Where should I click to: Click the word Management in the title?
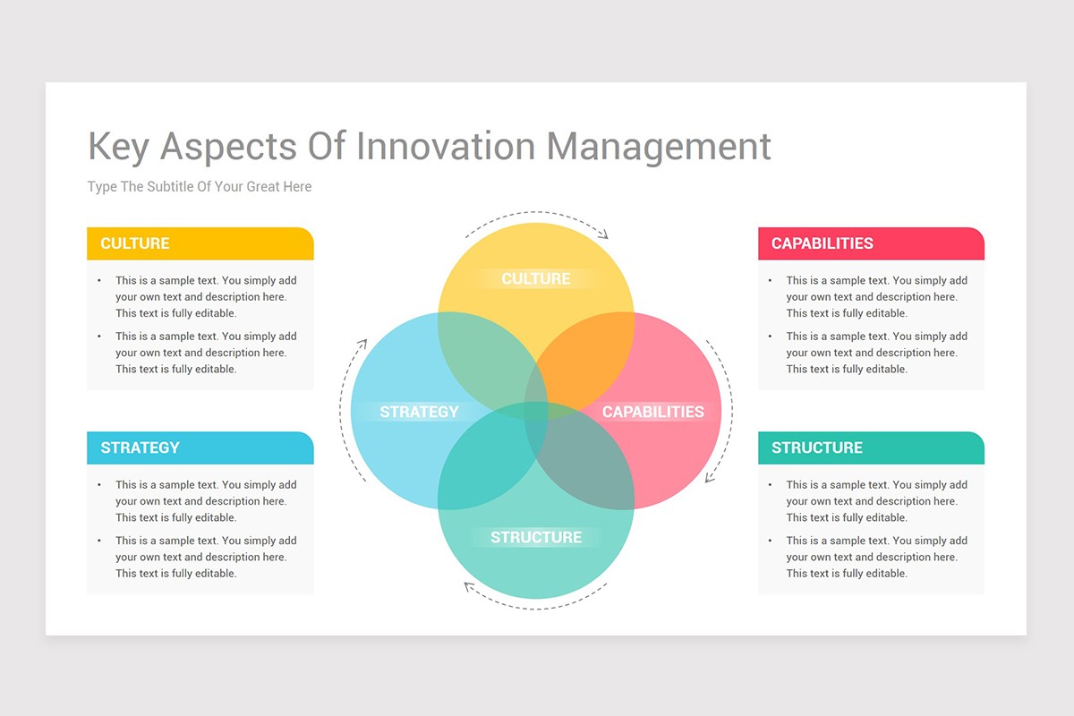tap(659, 147)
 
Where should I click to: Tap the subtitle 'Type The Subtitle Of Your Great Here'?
tap(200, 186)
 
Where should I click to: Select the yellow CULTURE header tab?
tap(200, 243)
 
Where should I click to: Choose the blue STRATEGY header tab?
tap(200, 447)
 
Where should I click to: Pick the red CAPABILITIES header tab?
tap(870, 243)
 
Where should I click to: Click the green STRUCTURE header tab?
tap(870, 447)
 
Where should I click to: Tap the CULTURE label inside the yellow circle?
tap(535, 278)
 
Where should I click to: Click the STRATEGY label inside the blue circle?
tap(419, 412)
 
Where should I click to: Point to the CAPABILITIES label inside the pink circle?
tap(652, 412)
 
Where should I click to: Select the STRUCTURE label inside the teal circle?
tap(535, 537)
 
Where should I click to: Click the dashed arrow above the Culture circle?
tap(536, 215)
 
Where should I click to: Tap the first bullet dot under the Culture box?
tap(99, 280)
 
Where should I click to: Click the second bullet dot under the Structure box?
tap(771, 541)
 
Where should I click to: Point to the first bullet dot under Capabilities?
tap(771, 280)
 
